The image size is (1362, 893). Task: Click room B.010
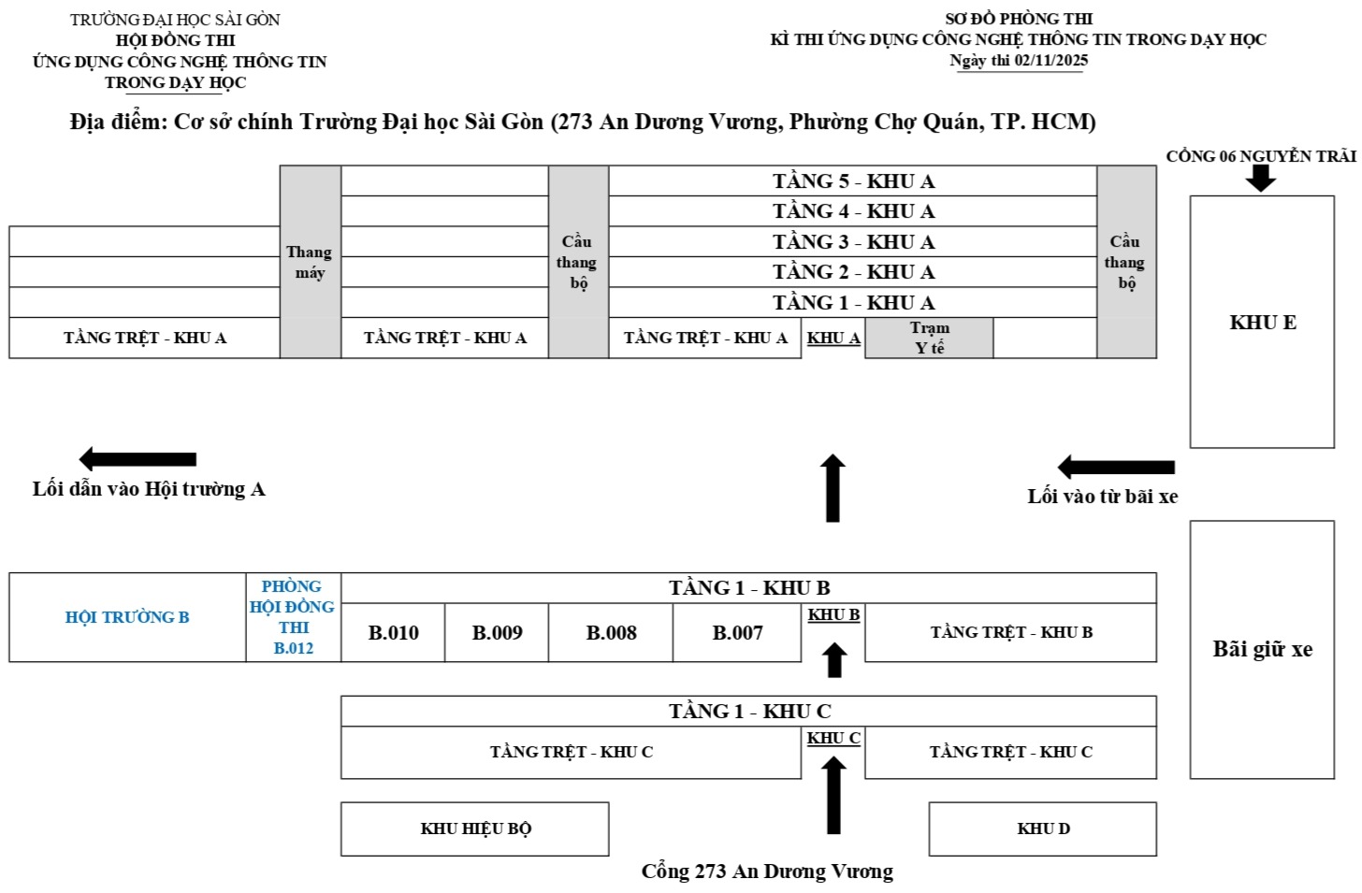(x=393, y=633)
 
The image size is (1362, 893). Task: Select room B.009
(x=497, y=633)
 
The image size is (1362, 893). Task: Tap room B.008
(x=611, y=633)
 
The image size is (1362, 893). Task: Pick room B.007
(x=737, y=633)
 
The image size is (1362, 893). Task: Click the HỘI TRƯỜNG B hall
(x=127, y=617)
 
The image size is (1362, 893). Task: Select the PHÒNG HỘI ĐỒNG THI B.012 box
(x=293, y=617)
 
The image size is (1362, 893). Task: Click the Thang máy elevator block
(x=310, y=263)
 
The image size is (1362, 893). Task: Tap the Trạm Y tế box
(x=929, y=338)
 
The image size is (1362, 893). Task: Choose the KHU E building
(x=1262, y=323)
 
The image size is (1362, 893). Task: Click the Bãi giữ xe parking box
(x=1262, y=650)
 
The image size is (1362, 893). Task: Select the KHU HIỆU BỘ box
(x=475, y=828)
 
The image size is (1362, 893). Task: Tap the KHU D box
(x=1043, y=828)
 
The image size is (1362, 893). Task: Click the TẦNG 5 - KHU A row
(x=853, y=181)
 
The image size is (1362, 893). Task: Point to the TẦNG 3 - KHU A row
(x=853, y=242)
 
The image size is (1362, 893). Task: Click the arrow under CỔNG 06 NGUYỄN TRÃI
(x=1261, y=178)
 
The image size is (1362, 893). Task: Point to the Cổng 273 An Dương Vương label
(x=767, y=871)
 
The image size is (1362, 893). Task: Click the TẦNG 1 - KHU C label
(x=749, y=712)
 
